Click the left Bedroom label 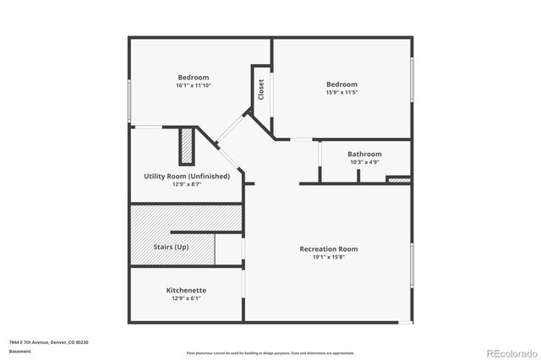pyautogui.click(x=193, y=78)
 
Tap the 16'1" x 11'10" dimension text pyautogui.click(x=193, y=85)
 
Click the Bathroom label pyautogui.click(x=364, y=154)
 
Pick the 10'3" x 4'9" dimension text pyautogui.click(x=364, y=161)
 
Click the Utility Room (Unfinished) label pyautogui.click(x=187, y=176)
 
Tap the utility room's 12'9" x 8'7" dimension pyautogui.click(x=187, y=183)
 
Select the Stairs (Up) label pyautogui.click(x=170, y=247)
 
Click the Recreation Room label pyautogui.click(x=329, y=248)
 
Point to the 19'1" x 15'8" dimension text pyautogui.click(x=329, y=257)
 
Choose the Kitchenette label pyautogui.click(x=186, y=290)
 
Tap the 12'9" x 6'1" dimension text pyautogui.click(x=186, y=297)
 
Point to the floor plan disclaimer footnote pyautogui.click(x=270, y=352)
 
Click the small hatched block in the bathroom pyautogui.click(x=398, y=179)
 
